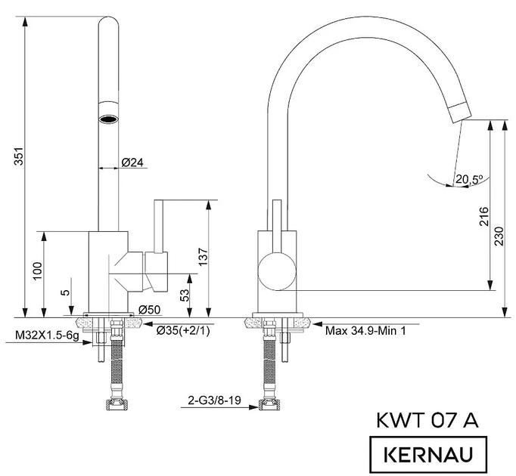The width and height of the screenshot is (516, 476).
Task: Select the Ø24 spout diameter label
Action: click(x=133, y=162)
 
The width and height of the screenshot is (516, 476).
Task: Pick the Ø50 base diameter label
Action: click(x=148, y=309)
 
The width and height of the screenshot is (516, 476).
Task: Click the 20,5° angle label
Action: click(x=469, y=179)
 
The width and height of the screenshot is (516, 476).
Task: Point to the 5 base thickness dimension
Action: click(x=66, y=292)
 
